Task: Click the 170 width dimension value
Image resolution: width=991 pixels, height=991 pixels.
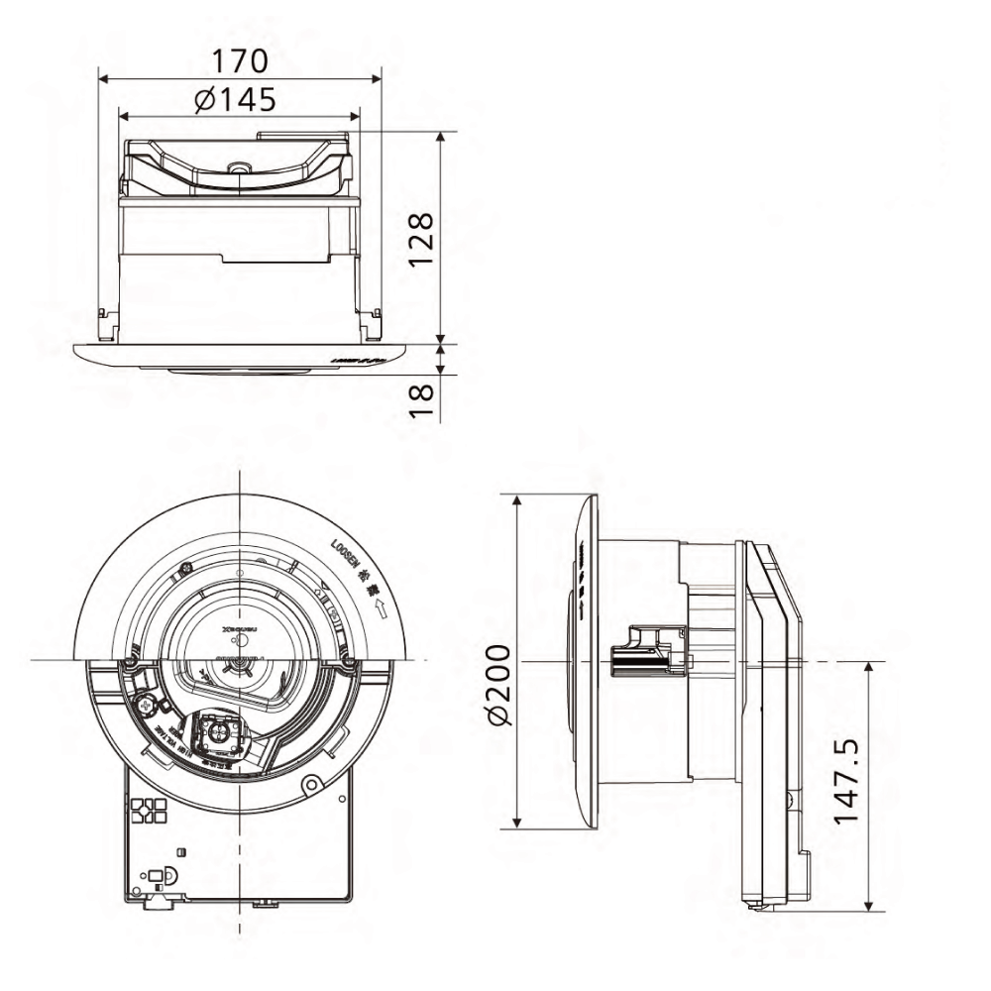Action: pos(240,60)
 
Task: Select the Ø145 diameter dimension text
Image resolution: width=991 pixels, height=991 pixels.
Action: pos(235,99)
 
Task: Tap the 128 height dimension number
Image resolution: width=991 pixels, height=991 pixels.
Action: pos(420,238)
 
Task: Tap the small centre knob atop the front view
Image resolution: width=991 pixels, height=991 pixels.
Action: pos(237,167)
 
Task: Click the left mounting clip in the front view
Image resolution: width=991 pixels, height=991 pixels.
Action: pos(108,324)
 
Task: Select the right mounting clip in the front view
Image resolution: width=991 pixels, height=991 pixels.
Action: pos(371,324)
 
